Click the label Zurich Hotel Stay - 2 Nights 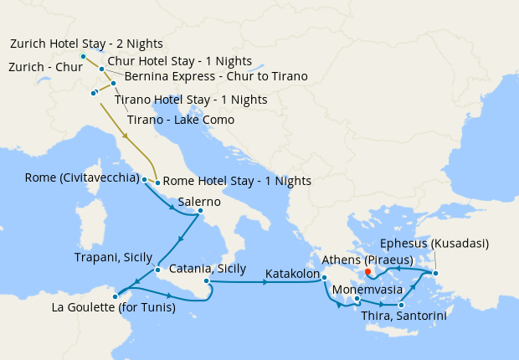click(x=86, y=44)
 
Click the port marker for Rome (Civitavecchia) click(x=144, y=179)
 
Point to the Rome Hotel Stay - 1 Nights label click(x=237, y=181)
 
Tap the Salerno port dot click(x=199, y=213)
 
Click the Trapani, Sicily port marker click(x=157, y=270)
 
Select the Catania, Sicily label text click(x=208, y=269)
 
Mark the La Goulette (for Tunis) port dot click(x=115, y=296)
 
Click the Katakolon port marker click(x=324, y=278)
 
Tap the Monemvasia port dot click(x=357, y=299)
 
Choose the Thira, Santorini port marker click(x=401, y=305)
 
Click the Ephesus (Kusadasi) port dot click(x=434, y=273)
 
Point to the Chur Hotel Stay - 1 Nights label click(x=180, y=61)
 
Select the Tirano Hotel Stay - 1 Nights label click(x=191, y=100)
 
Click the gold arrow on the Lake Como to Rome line click(x=126, y=135)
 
